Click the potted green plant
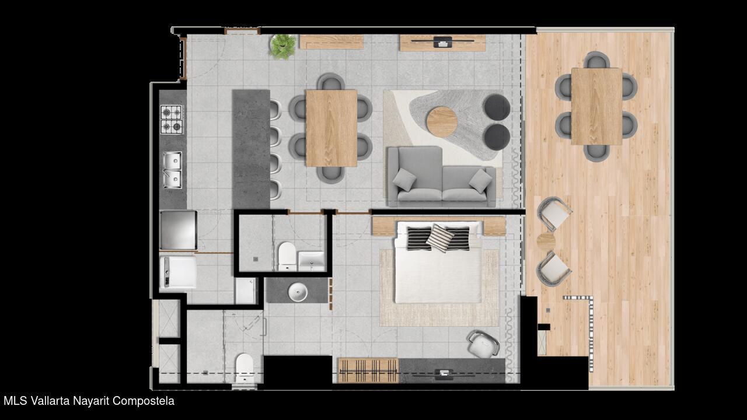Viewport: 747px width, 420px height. pyautogui.click(x=283, y=47)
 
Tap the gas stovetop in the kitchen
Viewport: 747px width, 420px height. pyautogui.click(x=172, y=120)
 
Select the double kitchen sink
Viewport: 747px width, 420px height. pyautogui.click(x=172, y=170)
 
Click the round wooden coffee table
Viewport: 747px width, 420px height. pyautogui.click(x=442, y=122)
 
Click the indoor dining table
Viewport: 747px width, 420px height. pyautogui.click(x=331, y=128)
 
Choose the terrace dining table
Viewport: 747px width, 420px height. pyautogui.click(x=596, y=106)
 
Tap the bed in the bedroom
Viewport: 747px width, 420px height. pyautogui.click(x=438, y=262)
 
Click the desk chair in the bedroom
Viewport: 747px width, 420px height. pyautogui.click(x=483, y=344)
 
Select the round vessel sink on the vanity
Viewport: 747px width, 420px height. pyautogui.click(x=298, y=292)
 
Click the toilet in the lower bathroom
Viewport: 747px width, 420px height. pyautogui.click(x=245, y=368)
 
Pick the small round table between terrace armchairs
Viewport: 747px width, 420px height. pyautogui.click(x=546, y=242)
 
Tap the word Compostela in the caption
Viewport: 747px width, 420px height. pyautogui.click(x=144, y=401)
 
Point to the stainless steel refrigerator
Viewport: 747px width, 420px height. pyautogui.click(x=178, y=230)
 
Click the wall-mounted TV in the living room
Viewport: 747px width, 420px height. pyautogui.click(x=442, y=41)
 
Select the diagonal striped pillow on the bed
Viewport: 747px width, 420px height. pyautogui.click(x=440, y=238)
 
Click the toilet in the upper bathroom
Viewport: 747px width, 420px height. pyautogui.click(x=287, y=256)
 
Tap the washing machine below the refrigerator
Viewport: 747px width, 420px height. pyautogui.click(x=178, y=272)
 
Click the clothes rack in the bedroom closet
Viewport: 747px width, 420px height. pyautogui.click(x=368, y=370)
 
